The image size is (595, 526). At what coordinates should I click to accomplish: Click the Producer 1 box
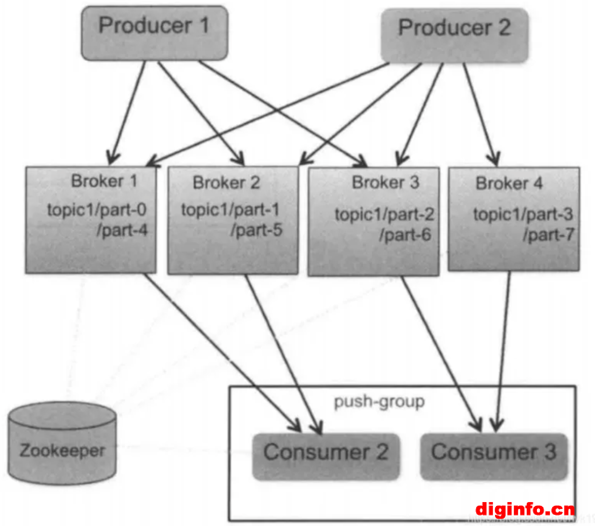coord(154,33)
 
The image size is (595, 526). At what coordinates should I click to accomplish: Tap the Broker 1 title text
coord(104,181)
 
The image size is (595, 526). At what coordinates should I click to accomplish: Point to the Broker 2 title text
coord(227,182)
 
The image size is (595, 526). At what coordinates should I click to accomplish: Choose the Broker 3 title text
coord(385,182)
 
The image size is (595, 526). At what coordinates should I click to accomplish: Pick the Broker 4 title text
coord(509,183)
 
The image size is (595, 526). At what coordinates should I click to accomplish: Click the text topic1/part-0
coord(97,209)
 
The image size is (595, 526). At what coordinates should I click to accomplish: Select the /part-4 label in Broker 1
coord(122,230)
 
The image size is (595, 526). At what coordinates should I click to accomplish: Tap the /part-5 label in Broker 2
coord(257,230)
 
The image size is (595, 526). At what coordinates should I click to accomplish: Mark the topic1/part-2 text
coord(384,214)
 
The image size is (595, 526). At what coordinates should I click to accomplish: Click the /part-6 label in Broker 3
coord(405,234)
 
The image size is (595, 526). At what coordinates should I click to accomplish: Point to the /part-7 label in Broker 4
coord(549,234)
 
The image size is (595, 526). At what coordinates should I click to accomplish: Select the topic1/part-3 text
coord(523,214)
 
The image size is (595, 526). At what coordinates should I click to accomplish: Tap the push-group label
coord(379,402)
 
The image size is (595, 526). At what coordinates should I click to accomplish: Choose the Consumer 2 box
coord(326,457)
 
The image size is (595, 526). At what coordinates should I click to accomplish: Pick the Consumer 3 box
coord(494,457)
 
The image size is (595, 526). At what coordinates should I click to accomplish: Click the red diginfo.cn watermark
coord(525,509)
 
